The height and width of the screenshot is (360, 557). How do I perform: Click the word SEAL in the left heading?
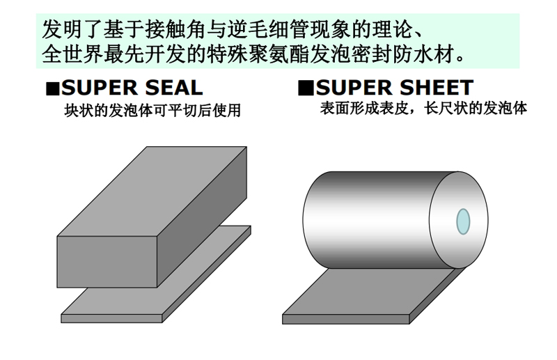173,88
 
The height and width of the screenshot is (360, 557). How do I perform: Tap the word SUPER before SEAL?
99,88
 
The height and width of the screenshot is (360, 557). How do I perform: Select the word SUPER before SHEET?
354,88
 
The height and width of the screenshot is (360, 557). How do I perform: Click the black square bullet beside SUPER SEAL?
53,89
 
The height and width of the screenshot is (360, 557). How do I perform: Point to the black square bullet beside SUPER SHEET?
306,88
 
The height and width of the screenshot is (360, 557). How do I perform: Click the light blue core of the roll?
463,221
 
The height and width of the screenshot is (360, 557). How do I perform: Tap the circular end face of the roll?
444,220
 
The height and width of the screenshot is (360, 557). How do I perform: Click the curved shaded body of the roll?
366,220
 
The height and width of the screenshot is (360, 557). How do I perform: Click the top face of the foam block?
152,191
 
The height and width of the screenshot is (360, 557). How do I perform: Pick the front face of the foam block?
107,262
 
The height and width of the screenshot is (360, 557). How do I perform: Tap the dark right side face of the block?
202,217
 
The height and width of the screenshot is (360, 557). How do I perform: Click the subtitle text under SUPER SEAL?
152,110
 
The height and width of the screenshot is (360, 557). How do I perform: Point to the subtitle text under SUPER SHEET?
423,108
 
